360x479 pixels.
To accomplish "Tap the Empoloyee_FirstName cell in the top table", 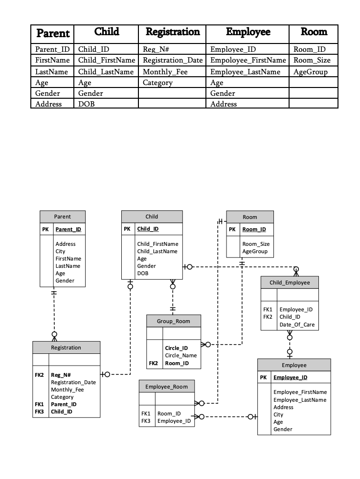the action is pos(248,60).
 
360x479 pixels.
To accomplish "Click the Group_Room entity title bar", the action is pos(174,321).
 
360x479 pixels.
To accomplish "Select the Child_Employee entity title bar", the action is pos(290,283).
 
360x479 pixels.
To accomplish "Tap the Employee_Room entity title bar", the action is pos(167,387).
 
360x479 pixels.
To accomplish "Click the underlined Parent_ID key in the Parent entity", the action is pos(68,229).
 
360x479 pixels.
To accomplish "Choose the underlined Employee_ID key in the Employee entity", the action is pos(291,377).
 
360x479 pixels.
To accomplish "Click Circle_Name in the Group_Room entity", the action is pos(181,355).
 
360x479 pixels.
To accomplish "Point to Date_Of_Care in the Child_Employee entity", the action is pos(297,325).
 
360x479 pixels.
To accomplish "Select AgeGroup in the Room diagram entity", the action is pos(255,251).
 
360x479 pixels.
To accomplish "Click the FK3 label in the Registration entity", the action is pos(40,412).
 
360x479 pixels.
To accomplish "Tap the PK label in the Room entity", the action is pos(232,229).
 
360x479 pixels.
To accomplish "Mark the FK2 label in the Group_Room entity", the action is pos(154,363).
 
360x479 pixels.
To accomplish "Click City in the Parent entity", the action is pos(60,251).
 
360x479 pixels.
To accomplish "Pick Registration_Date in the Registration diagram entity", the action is pos(73,382).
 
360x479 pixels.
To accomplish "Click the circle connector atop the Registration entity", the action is pos(54,334).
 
